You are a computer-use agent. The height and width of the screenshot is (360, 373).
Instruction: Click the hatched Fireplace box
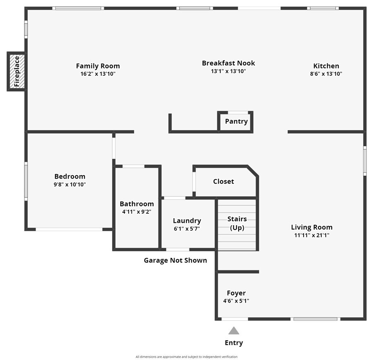pos(17,72)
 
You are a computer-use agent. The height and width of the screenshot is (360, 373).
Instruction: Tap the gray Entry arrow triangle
pos(234,331)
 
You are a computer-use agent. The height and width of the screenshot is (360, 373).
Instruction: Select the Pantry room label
pos(237,121)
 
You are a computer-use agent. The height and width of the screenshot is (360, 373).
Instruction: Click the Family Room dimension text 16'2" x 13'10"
pos(98,74)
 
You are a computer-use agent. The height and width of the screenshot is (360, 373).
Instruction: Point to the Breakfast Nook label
pos(228,63)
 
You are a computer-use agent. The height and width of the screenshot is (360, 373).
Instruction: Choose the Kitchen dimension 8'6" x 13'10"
pos(326,74)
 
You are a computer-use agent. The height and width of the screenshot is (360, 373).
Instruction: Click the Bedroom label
pos(70,176)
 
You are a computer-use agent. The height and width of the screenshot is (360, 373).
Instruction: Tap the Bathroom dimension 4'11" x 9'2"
pos(137,212)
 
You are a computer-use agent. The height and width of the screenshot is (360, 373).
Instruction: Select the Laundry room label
pos(187,221)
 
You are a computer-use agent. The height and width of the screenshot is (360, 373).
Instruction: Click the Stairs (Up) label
pos(237,223)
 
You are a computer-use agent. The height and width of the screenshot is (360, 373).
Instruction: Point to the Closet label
pos(223,181)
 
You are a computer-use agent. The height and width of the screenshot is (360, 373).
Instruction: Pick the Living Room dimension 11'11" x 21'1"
pos(312,235)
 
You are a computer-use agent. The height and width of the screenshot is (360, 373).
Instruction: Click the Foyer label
pos(236,293)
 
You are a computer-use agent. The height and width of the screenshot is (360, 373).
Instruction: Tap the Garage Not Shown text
pos(175,260)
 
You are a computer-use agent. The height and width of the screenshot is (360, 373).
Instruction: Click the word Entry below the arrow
pos(234,343)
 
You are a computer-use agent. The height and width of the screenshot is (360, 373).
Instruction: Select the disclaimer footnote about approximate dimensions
pos(186,357)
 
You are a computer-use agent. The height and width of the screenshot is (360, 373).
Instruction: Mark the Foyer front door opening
pos(235,319)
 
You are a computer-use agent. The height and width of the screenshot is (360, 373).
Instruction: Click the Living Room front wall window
pos(316,319)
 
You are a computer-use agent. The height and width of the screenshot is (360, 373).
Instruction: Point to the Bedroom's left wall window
pos(26,181)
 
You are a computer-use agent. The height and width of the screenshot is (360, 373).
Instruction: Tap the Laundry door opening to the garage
pos(178,249)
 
